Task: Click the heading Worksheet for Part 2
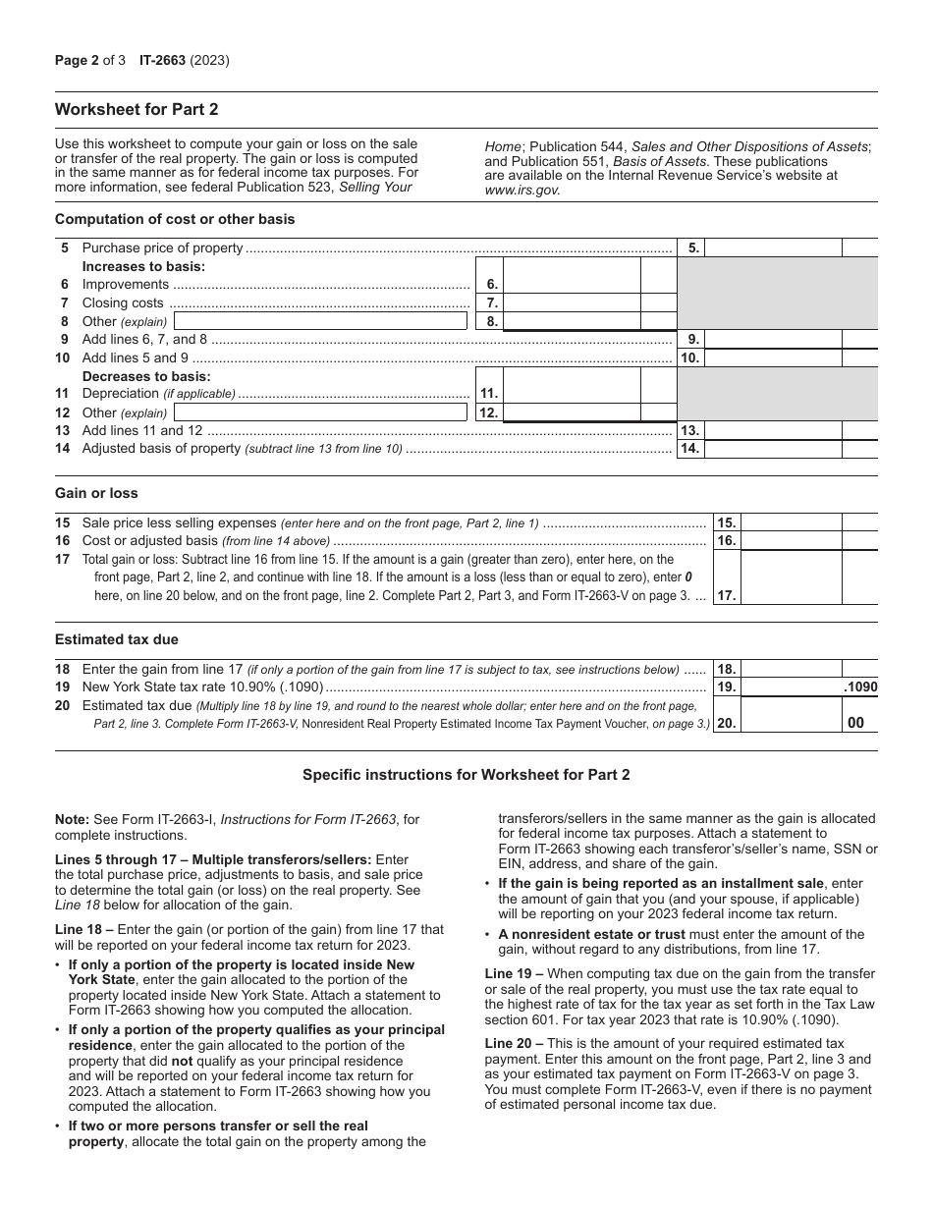(137, 109)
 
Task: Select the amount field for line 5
(773, 248)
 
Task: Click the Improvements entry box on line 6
(572, 285)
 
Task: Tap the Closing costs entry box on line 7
(572, 303)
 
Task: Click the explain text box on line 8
(320, 321)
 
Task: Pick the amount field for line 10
(773, 358)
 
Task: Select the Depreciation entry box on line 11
(572, 394)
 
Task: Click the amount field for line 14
(773, 449)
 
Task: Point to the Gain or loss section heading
(96, 493)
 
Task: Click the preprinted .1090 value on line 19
(859, 687)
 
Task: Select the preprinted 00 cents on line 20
(855, 723)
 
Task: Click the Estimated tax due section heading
(117, 639)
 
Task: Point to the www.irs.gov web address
(521, 191)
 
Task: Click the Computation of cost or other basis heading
(175, 219)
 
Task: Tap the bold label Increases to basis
(143, 266)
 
